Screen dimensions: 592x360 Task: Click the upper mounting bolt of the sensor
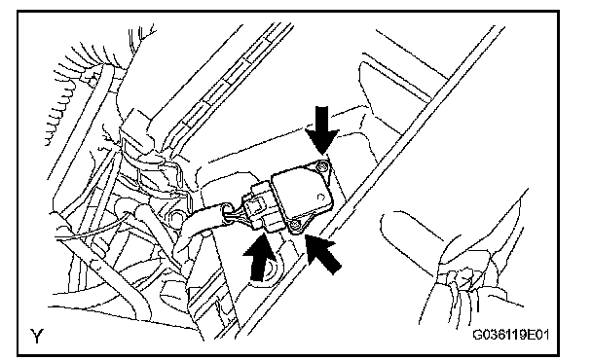(321, 164)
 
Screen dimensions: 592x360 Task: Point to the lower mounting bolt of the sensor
(296, 226)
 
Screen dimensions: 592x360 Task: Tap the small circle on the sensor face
(321, 197)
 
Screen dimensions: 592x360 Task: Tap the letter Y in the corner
(37, 336)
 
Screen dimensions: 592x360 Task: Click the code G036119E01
(511, 335)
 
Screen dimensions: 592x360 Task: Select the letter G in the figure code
(477, 335)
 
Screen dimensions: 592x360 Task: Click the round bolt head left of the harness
(174, 218)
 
